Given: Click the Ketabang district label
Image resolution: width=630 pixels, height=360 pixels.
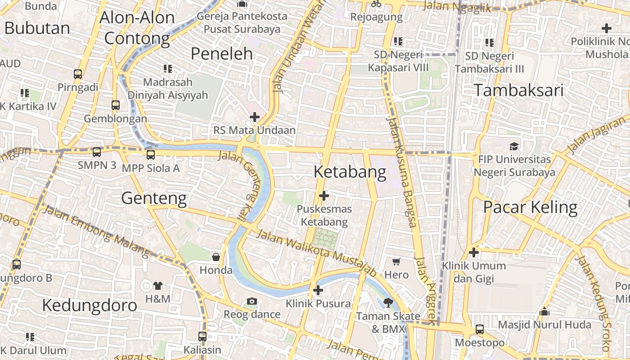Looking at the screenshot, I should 350,172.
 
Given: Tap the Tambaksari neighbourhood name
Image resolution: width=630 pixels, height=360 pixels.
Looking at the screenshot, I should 518,90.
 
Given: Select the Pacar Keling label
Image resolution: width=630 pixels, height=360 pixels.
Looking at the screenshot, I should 530,207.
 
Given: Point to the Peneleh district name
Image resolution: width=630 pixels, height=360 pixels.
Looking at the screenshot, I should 221,54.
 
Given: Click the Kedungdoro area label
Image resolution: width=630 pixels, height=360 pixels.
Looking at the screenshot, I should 89,305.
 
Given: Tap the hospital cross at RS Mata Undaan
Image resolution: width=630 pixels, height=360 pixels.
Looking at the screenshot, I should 255,117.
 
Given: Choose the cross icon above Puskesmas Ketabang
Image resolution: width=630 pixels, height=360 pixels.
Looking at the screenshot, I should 324,196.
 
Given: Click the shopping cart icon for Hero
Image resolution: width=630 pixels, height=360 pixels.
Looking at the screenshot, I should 396,261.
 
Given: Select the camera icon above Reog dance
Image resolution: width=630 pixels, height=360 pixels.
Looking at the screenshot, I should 252,301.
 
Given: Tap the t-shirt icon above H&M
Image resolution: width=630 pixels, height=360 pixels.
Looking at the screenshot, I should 158,285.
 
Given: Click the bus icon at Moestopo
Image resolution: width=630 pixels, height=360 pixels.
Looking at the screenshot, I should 480,329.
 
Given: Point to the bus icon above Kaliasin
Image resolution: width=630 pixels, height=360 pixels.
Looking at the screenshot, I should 202,336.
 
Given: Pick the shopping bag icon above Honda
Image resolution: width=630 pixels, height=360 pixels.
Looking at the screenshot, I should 216,257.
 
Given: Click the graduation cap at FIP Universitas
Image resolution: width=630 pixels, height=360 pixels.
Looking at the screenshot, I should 514,146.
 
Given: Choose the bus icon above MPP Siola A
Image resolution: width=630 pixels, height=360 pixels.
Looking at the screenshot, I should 150,155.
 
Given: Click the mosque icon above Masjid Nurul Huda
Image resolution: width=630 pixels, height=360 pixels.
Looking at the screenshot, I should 544,311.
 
